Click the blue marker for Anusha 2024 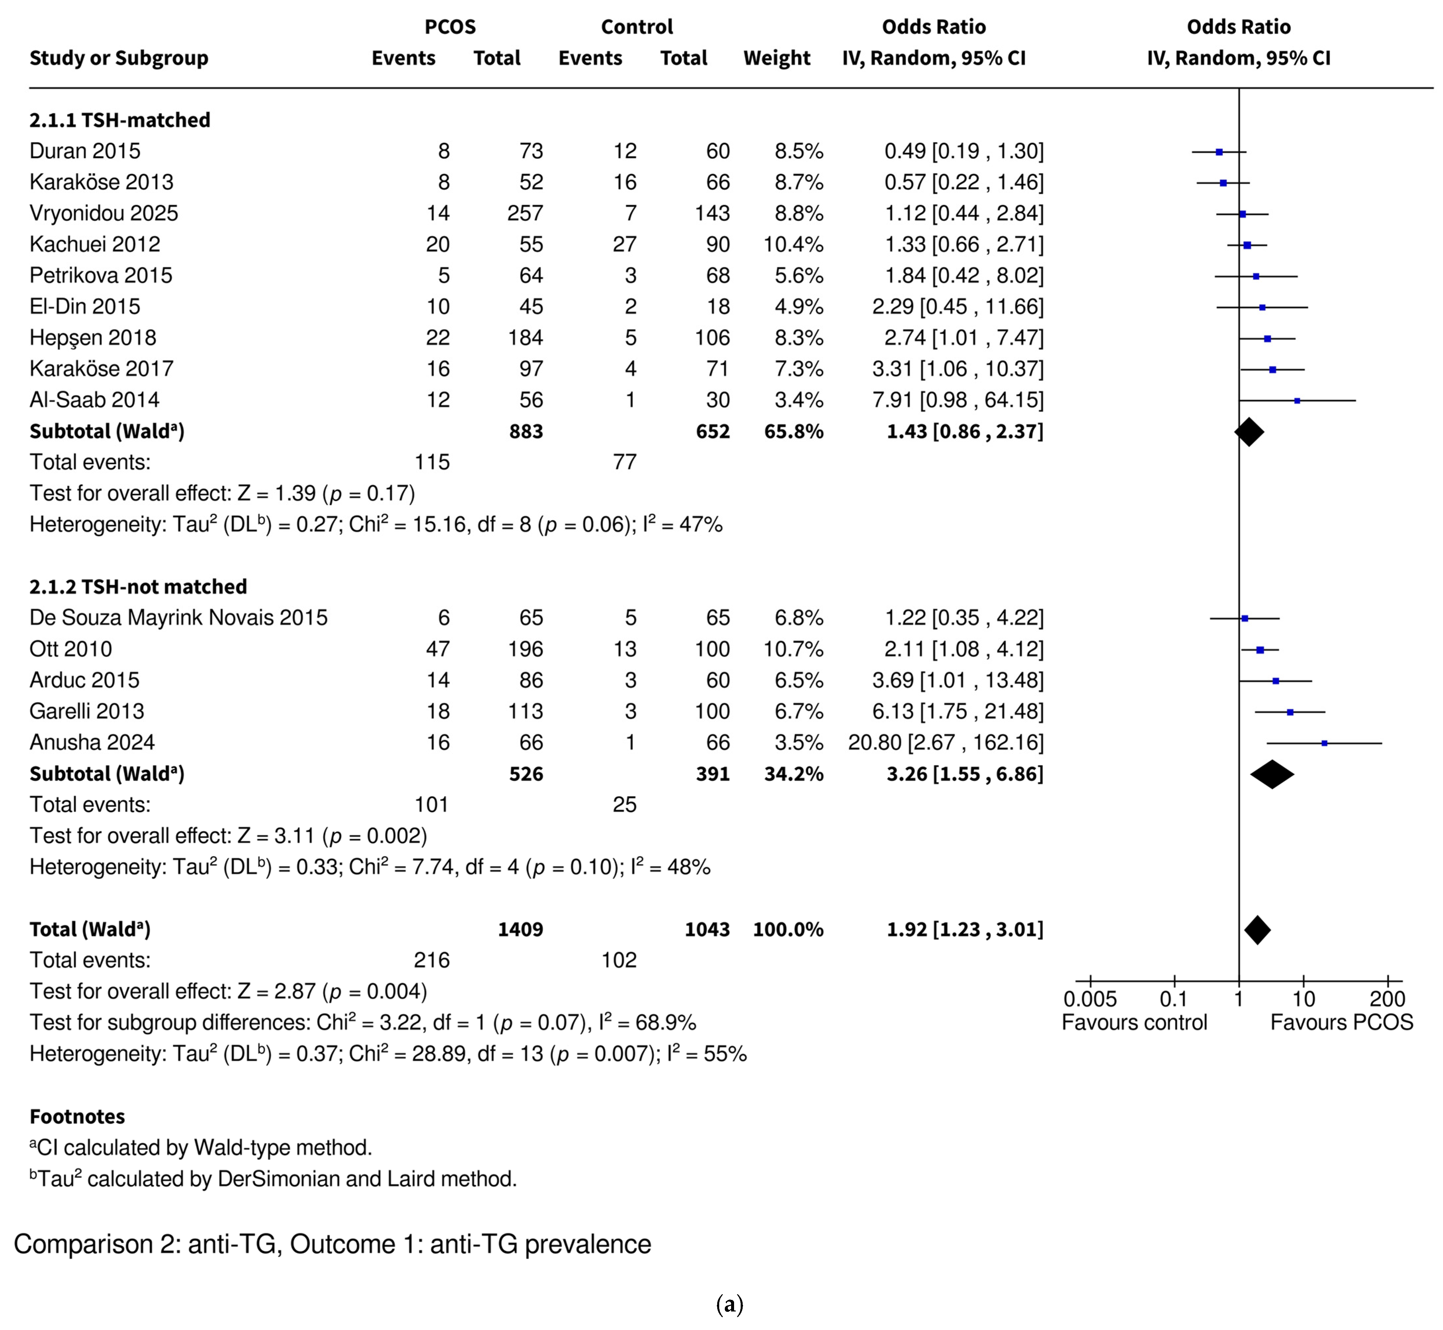pyautogui.click(x=1324, y=743)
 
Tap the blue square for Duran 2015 pyautogui.click(x=1219, y=152)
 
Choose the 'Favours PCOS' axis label pyautogui.click(x=1341, y=1023)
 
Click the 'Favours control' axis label pyautogui.click(x=1134, y=1023)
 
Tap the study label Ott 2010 pyautogui.click(x=70, y=649)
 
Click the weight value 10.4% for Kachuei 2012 pyautogui.click(x=794, y=245)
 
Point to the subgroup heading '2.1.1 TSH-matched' pyautogui.click(x=119, y=120)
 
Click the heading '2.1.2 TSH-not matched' pyautogui.click(x=138, y=586)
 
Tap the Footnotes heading pyautogui.click(x=77, y=1117)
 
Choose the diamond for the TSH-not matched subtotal pyautogui.click(x=1272, y=774)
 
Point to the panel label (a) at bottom pyautogui.click(x=729, y=1304)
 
